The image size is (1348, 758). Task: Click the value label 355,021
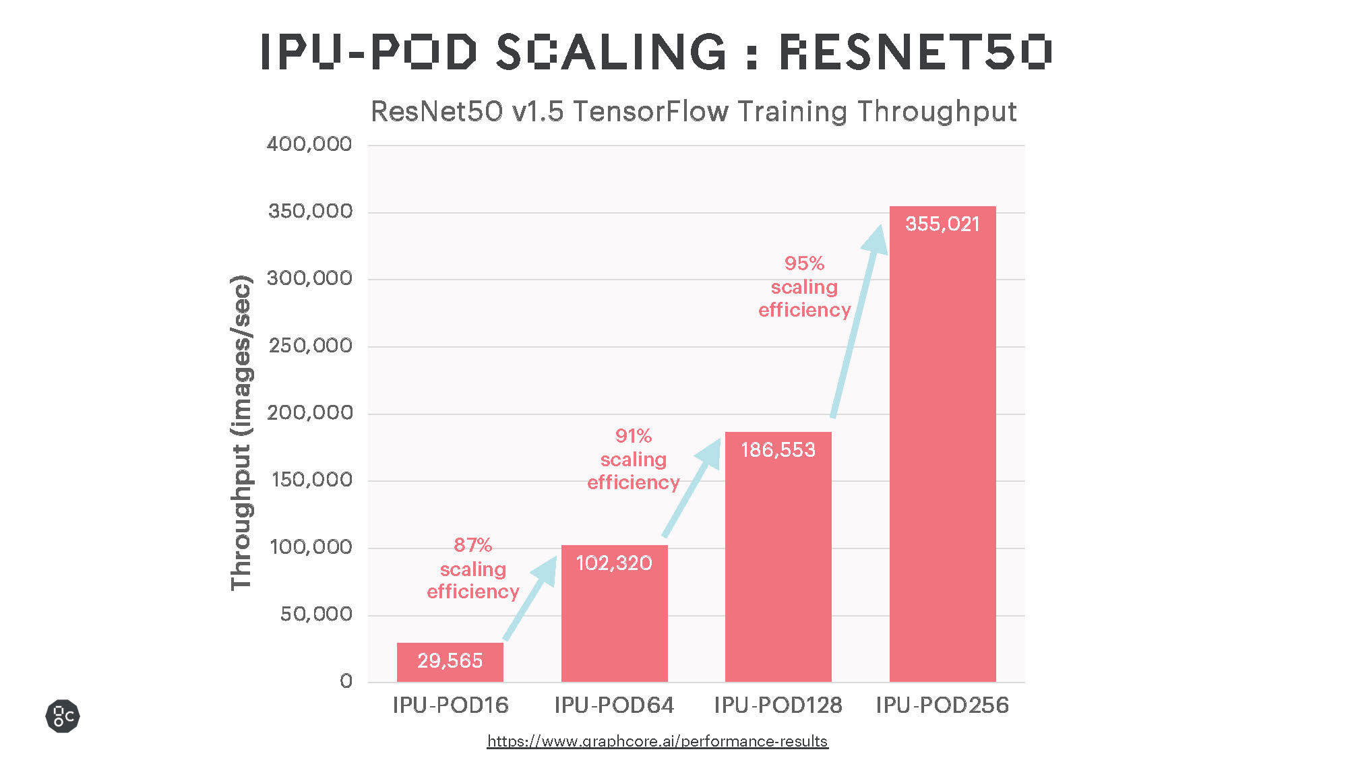[942, 224]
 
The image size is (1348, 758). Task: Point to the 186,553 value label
[778, 449]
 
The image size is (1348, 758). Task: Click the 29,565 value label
[450, 660]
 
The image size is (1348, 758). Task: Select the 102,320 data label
[614, 563]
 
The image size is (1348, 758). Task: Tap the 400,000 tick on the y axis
[309, 144]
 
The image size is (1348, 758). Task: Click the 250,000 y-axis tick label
[310, 346]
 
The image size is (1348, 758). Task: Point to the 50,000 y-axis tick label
[316, 614]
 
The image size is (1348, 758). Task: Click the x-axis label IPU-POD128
[778, 705]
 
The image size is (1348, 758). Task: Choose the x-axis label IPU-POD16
[450, 705]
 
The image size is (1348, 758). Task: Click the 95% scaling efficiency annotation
[804, 286]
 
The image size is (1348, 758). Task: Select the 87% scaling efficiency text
[472, 568]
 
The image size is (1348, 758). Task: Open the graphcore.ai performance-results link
[657, 741]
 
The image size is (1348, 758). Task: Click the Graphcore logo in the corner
[63, 716]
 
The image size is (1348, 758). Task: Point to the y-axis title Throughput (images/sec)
[241, 433]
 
